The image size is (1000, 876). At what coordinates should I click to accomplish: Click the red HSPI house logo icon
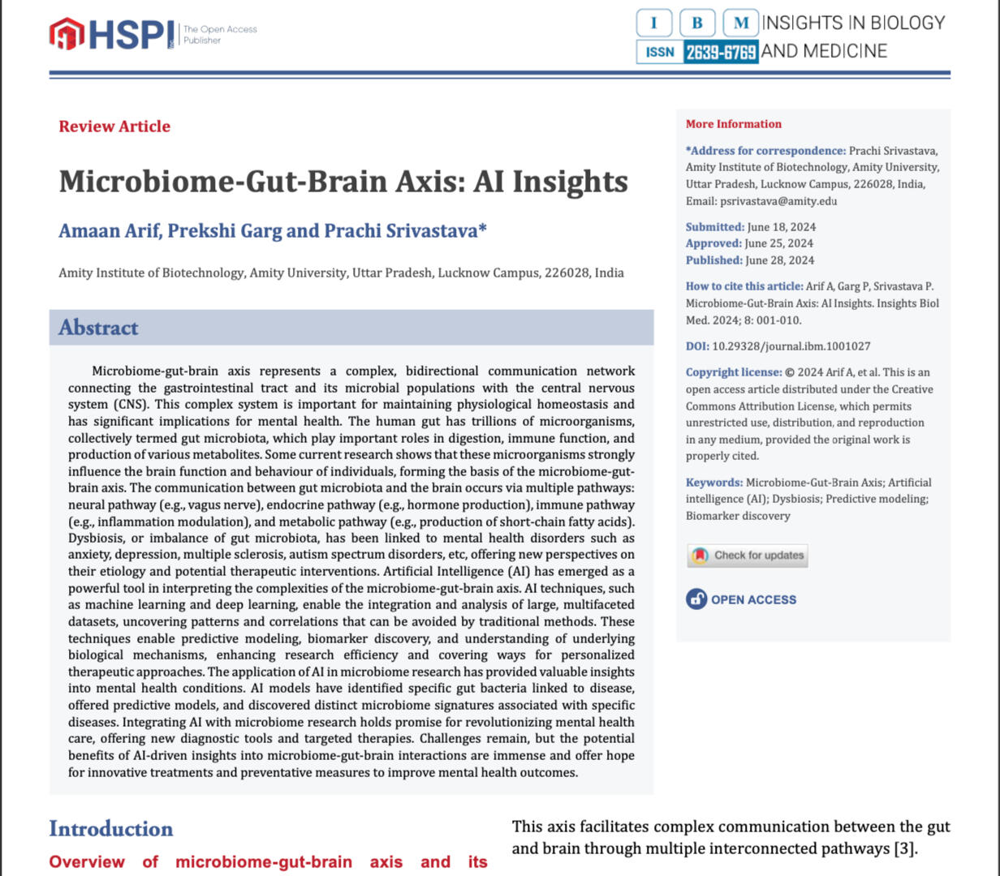coord(67,33)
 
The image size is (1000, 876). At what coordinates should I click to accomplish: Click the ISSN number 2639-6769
coord(721,52)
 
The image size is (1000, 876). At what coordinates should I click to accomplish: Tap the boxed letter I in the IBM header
coord(654,23)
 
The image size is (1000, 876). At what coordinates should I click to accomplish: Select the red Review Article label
coord(114,127)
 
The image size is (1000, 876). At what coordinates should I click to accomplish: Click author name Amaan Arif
coord(109,231)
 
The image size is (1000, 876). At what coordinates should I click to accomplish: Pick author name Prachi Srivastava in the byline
coord(401,231)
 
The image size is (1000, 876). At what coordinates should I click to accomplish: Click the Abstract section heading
coord(98,328)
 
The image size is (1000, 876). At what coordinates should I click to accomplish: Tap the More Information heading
coord(733,124)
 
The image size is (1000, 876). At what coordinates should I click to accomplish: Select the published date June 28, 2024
coord(779,260)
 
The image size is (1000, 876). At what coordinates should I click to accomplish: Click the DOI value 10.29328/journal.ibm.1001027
coord(791,346)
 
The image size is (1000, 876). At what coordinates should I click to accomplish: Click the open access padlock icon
coord(696,599)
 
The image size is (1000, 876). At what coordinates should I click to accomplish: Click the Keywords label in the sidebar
coord(713,483)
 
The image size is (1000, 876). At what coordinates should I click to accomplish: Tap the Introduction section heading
coord(111,829)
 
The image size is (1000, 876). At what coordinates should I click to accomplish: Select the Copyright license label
coord(732,372)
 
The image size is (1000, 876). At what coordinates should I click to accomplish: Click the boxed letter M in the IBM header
coord(740,23)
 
